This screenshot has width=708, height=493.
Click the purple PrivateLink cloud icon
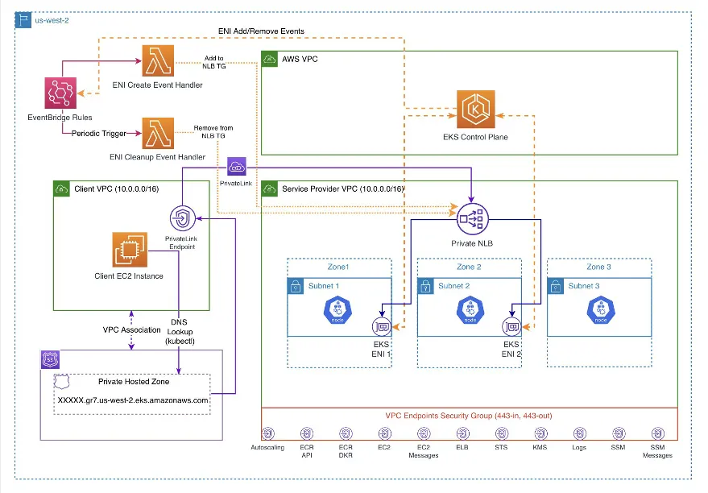click(x=238, y=168)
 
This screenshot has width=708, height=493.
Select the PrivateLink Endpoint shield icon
click(x=181, y=217)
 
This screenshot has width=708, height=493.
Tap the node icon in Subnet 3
click(x=600, y=310)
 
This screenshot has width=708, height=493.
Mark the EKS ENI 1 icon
click(x=381, y=326)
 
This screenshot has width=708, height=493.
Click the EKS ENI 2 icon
click(x=510, y=326)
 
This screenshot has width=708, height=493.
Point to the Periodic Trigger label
click(x=100, y=133)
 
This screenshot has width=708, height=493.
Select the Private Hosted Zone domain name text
click(x=133, y=400)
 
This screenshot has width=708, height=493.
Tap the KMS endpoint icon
click(x=540, y=434)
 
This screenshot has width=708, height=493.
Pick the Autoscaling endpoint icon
click(x=268, y=434)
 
